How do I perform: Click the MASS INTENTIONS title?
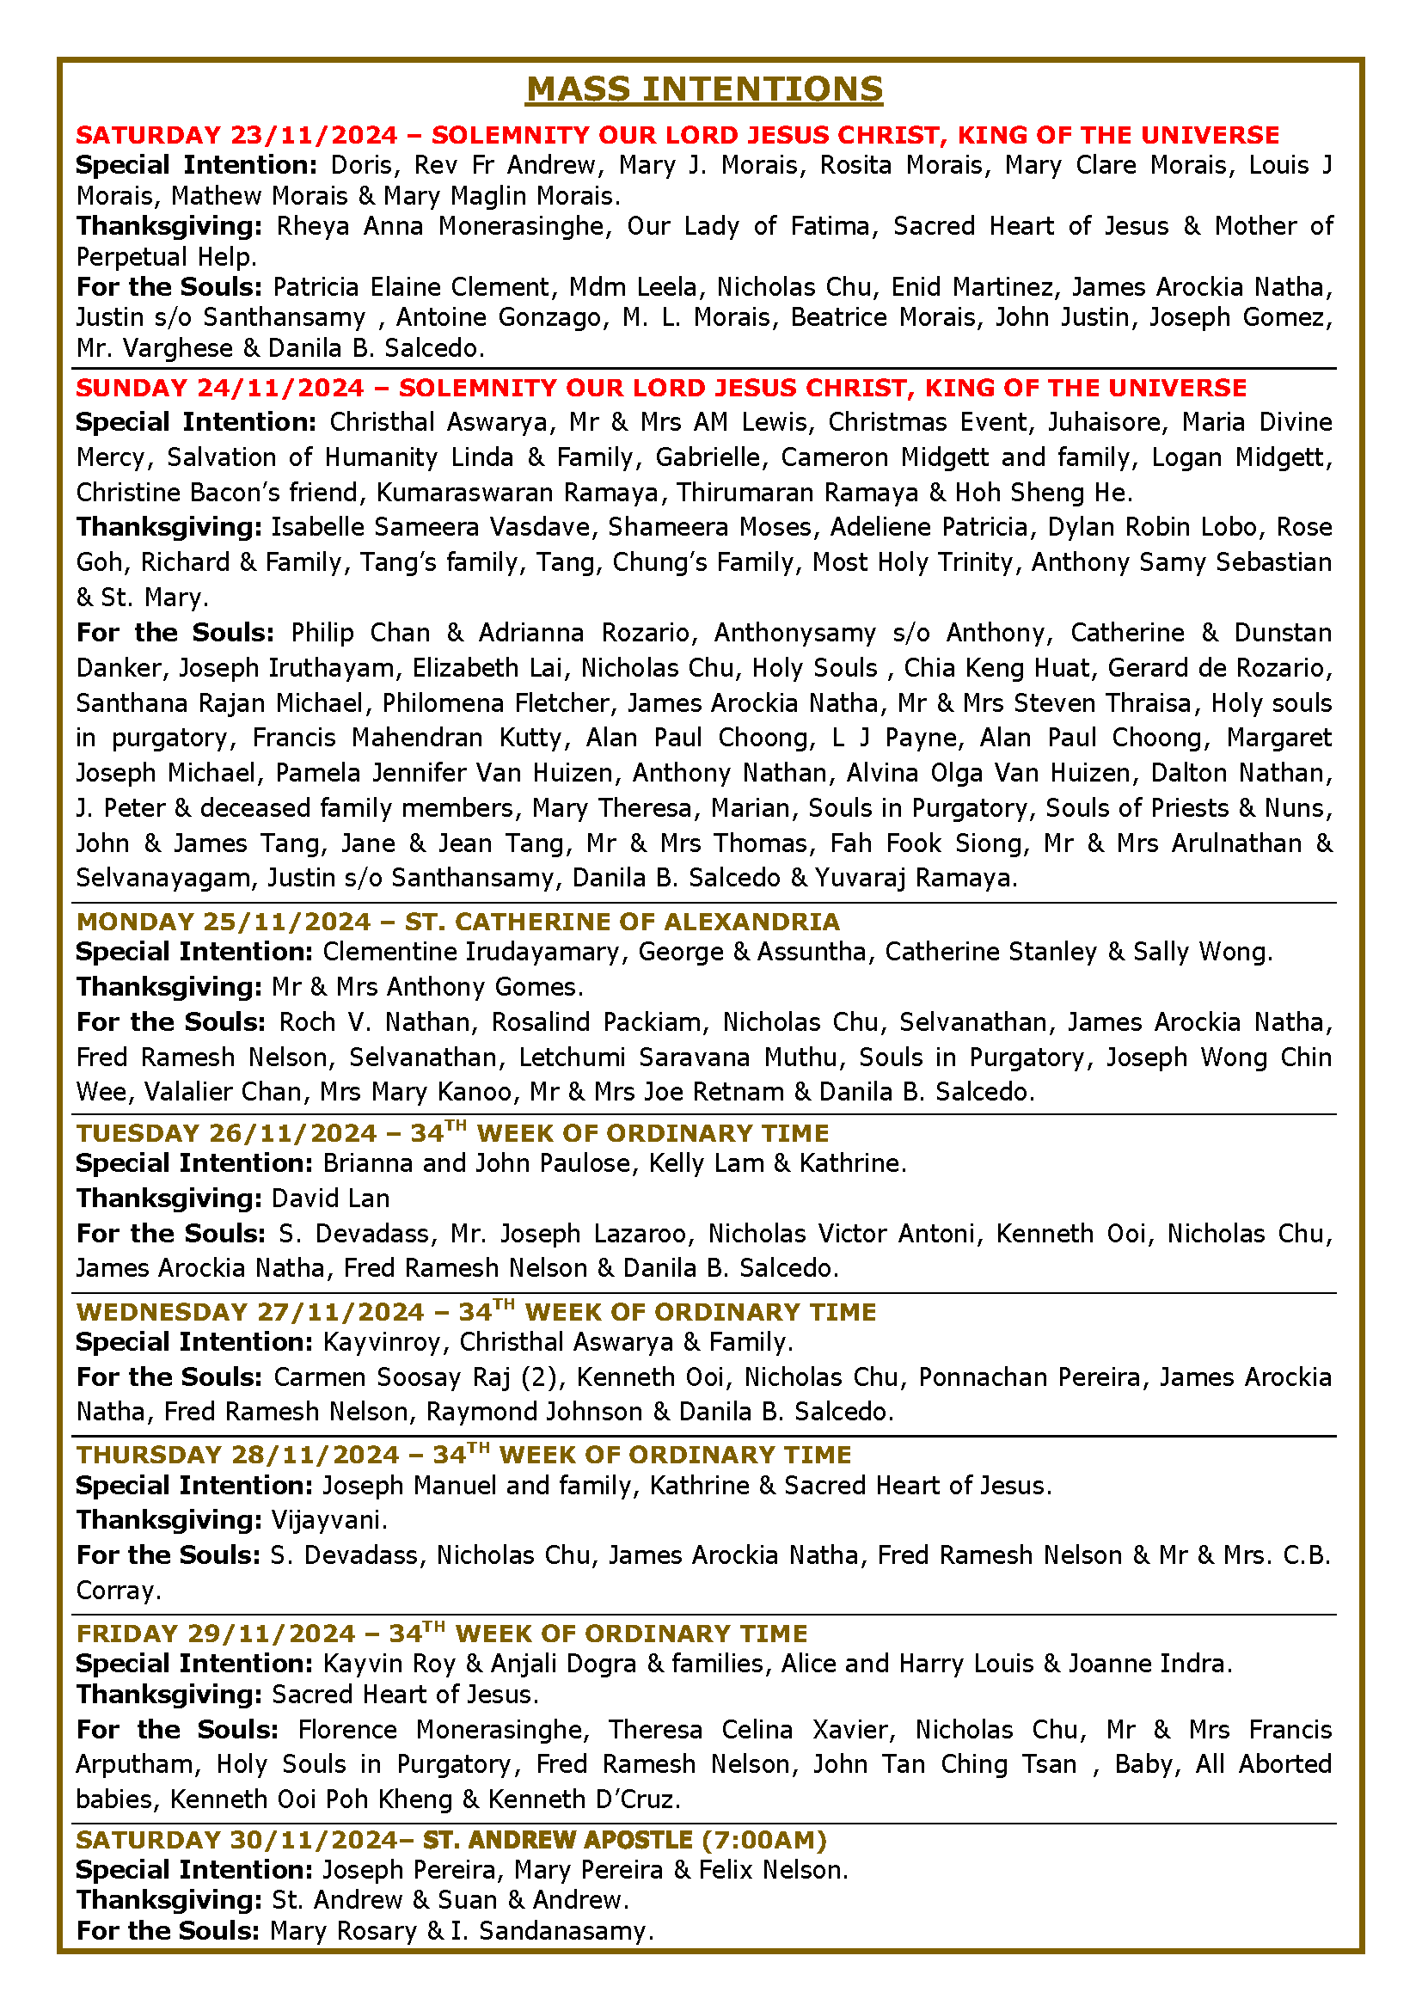pos(705,90)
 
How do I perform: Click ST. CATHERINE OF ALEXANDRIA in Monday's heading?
pos(622,923)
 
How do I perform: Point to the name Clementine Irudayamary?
pos(470,952)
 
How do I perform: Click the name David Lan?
pos(330,1199)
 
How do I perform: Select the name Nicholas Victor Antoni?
pos(841,1234)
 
